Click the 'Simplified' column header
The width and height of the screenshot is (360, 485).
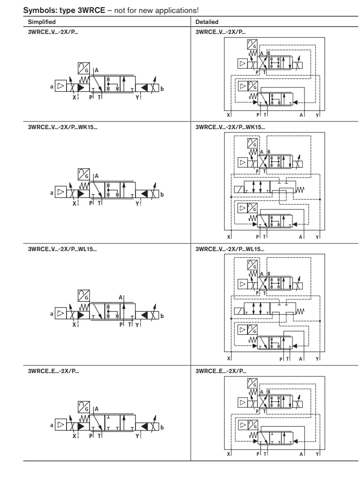point(42,22)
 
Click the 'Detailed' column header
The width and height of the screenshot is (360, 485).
point(207,22)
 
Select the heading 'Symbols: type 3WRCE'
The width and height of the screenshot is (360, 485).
point(64,10)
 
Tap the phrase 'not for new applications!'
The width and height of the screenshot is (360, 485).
point(157,10)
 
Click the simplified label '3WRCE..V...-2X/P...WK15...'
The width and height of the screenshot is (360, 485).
point(63,127)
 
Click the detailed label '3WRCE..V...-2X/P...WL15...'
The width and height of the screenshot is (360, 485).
point(230,249)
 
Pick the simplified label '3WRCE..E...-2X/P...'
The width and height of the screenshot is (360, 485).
point(53,371)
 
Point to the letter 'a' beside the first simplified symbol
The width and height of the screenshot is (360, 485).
point(52,87)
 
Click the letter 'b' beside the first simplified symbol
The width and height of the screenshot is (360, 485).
point(162,89)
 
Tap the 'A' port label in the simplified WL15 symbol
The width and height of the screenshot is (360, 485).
point(121,298)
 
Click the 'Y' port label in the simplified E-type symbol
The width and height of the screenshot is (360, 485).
point(137,436)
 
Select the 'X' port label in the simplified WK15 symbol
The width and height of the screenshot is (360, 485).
point(74,204)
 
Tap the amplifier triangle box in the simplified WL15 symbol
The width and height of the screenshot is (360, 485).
point(61,313)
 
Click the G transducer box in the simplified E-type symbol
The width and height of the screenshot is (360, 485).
point(84,407)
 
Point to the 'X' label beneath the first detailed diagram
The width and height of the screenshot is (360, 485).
point(228,115)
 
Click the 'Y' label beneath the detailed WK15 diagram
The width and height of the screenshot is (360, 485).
point(317,237)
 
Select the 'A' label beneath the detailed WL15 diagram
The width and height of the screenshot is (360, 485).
point(301,359)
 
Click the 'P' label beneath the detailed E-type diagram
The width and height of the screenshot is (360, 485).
point(258,454)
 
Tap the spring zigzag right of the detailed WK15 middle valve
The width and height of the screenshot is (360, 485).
point(300,189)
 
